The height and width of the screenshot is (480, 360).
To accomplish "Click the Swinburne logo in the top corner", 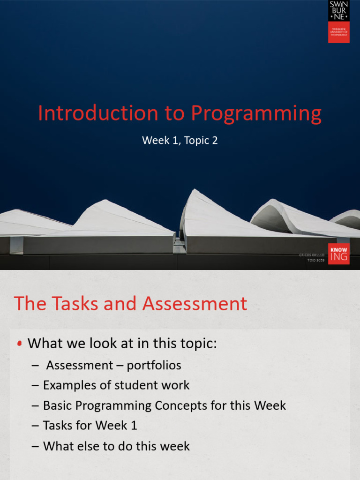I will pyautogui.click(x=338, y=22).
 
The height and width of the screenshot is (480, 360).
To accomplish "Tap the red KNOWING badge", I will pyautogui.click(x=338, y=254).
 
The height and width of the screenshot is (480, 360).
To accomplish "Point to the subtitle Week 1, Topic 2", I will pyautogui.click(x=180, y=140).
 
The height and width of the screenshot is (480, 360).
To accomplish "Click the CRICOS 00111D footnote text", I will pyautogui.click(x=312, y=255).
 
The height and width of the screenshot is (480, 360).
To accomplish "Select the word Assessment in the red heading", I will pyautogui.click(x=195, y=303).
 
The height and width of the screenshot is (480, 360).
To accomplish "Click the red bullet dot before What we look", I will pyautogui.click(x=19, y=344).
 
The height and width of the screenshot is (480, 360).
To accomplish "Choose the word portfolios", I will pyautogui.click(x=154, y=365).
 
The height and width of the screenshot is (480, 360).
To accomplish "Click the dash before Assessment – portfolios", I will pyautogui.click(x=36, y=365).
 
